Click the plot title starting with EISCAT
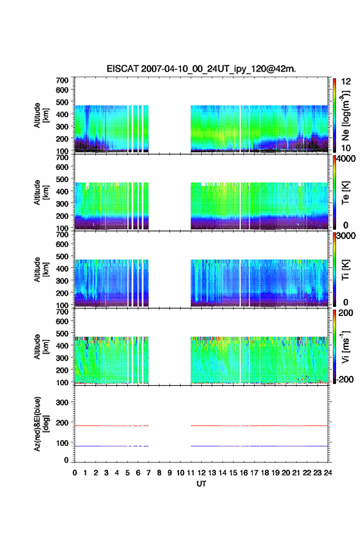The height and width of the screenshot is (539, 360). pyautogui.click(x=201, y=69)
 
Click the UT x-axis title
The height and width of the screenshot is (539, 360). pyautogui.click(x=201, y=484)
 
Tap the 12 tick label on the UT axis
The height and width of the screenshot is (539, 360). pyautogui.click(x=201, y=473)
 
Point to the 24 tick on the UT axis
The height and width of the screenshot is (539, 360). pyautogui.click(x=327, y=473)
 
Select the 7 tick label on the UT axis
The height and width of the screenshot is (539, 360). pyautogui.click(x=148, y=473)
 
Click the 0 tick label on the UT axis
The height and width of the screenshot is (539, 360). pyautogui.click(x=75, y=473)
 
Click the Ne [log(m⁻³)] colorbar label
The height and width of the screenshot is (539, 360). pyautogui.click(x=345, y=116)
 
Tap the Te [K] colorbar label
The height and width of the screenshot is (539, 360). pyautogui.click(x=345, y=193)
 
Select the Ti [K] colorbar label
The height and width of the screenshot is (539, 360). pyautogui.click(x=345, y=270)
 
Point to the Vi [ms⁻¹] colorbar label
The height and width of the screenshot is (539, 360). pyautogui.click(x=345, y=346)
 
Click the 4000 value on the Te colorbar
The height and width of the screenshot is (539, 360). pyautogui.click(x=346, y=159)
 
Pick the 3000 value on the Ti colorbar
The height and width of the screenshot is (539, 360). pyautogui.click(x=346, y=236)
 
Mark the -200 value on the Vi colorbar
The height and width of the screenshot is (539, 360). pyautogui.click(x=345, y=379)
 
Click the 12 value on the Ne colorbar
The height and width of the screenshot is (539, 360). pyautogui.click(x=347, y=82)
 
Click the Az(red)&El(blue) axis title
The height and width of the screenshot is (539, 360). pyautogui.click(x=41, y=424)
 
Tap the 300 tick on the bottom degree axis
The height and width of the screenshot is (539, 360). pyautogui.click(x=62, y=402)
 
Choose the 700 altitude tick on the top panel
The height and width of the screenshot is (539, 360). pyautogui.click(x=62, y=80)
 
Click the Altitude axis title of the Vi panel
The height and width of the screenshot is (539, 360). pyautogui.click(x=41, y=346)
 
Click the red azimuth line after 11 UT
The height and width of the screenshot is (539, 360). pyautogui.click(x=259, y=426)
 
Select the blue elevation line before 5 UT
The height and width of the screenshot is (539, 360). pyautogui.click(x=101, y=446)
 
